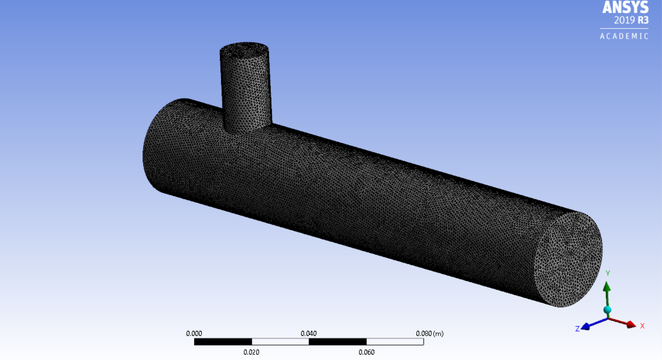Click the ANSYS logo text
click(x=625, y=7)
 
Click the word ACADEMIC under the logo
click(x=624, y=36)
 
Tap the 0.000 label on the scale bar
click(x=194, y=334)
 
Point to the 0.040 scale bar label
click(x=309, y=334)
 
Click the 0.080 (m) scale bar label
click(x=429, y=334)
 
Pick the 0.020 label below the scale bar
click(x=251, y=352)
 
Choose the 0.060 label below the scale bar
click(x=366, y=352)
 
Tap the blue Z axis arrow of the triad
click(x=590, y=324)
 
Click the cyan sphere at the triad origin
click(x=607, y=310)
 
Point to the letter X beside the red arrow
click(x=642, y=326)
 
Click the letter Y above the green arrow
click(x=608, y=273)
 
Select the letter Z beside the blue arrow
click(x=578, y=329)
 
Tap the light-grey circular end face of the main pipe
click(x=568, y=259)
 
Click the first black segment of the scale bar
click(x=223, y=342)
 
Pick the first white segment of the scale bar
click(x=280, y=342)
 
